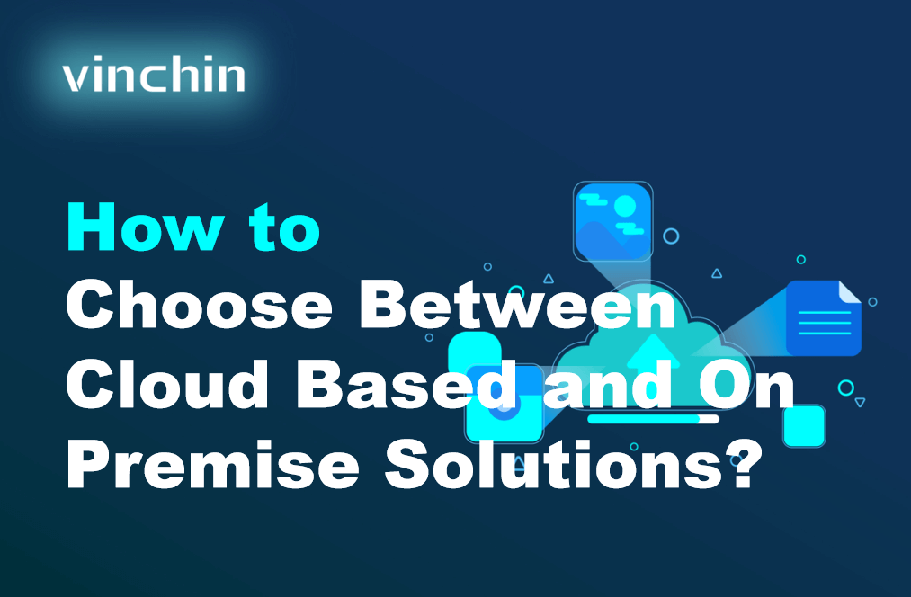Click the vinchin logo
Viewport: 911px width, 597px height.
click(x=154, y=76)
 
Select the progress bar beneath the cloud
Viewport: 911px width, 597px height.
click(x=653, y=419)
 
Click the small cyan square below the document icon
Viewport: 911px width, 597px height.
click(x=803, y=425)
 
